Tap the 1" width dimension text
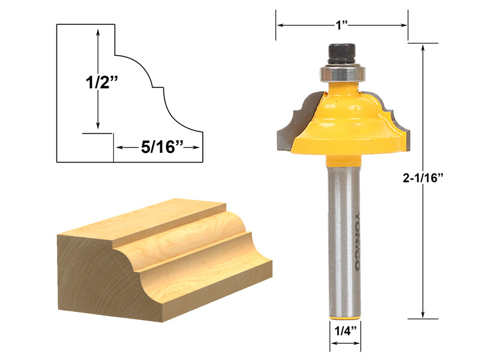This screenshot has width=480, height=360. coord(342,25)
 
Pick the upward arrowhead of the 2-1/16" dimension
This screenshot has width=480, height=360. coord(424,49)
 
